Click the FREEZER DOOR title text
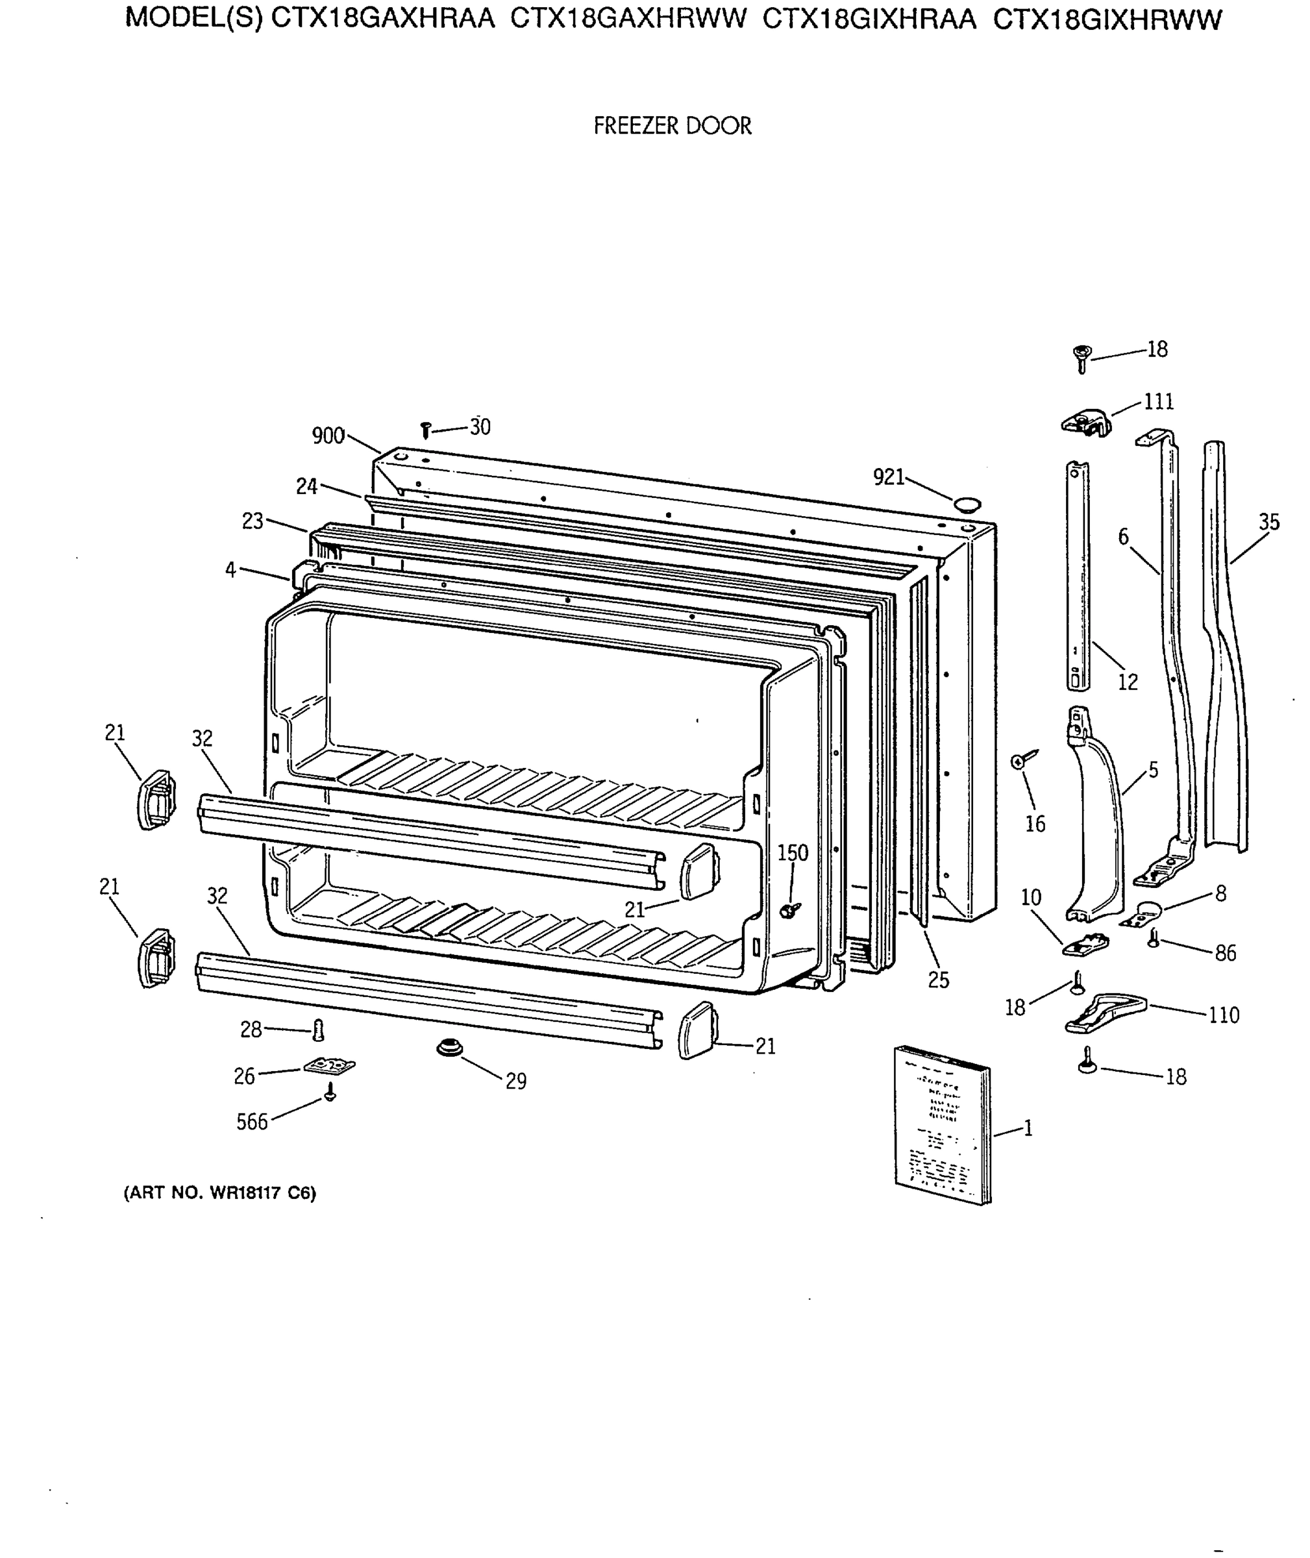tap(672, 125)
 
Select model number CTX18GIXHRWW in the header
tap(1107, 20)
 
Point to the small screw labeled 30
tap(426, 429)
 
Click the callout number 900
tap(327, 436)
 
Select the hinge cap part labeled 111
tap(1086, 424)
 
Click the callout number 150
tap(793, 852)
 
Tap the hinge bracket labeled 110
tap(1105, 1013)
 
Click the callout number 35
tap(1268, 522)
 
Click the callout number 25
tap(938, 980)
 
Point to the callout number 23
tap(253, 521)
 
